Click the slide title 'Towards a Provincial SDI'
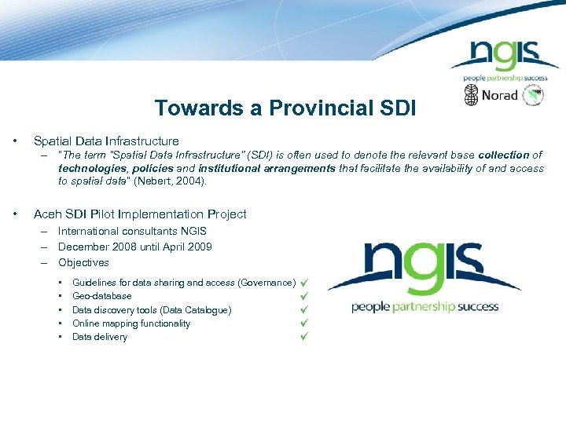[285, 108]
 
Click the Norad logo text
[500, 96]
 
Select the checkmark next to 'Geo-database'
[305, 296]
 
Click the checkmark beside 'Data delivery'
[305, 337]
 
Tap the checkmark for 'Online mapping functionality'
[305, 323]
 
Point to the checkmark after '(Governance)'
[305, 283]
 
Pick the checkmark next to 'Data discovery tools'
[305, 310]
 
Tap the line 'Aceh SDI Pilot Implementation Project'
[140, 214]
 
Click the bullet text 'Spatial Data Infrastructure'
[106, 141]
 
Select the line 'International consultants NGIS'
[132, 231]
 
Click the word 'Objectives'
[83, 262]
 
